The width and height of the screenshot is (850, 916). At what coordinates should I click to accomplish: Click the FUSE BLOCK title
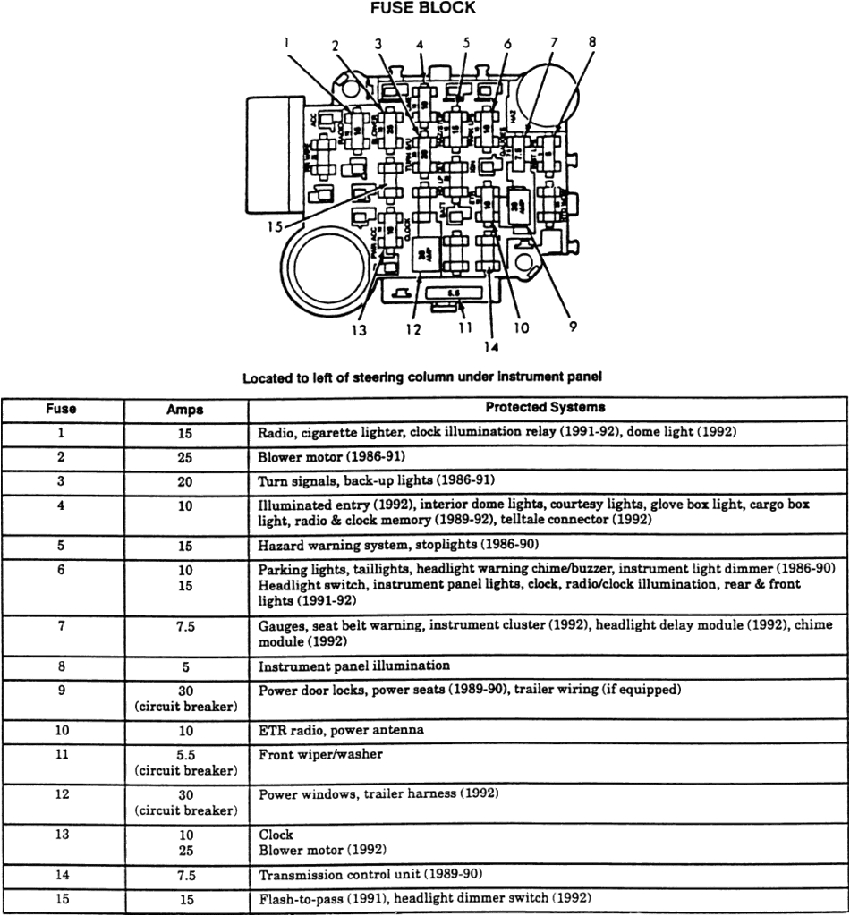pos(423,8)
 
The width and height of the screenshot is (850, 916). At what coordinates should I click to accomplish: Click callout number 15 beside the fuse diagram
pos(275,227)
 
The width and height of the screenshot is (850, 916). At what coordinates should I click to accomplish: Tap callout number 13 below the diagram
pos(360,329)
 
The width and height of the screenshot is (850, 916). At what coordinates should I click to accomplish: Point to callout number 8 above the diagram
pos(591,41)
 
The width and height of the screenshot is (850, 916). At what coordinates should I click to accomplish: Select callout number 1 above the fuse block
pos(287,41)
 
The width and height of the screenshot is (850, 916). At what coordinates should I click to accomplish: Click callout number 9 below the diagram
pos(572,327)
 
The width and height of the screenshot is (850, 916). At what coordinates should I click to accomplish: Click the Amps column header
pos(185,410)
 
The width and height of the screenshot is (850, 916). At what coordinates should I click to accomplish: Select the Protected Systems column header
pos(545,407)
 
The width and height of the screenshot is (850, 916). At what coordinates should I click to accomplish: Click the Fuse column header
pos(62,409)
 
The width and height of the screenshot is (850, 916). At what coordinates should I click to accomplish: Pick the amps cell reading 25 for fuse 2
pos(185,456)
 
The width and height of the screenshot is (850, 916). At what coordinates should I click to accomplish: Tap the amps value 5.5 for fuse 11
pos(185,755)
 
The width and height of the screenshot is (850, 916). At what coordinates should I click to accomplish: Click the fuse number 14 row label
pos(62,874)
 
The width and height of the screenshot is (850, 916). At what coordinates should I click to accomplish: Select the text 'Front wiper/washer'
pos(320,754)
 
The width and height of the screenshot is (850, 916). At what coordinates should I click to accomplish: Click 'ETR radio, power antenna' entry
pos(341,730)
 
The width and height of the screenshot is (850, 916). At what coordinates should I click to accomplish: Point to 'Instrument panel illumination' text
pos(354,666)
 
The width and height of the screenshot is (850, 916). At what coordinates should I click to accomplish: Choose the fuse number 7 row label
pos(62,626)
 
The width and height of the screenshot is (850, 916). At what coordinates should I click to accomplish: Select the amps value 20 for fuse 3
pos(185,480)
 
